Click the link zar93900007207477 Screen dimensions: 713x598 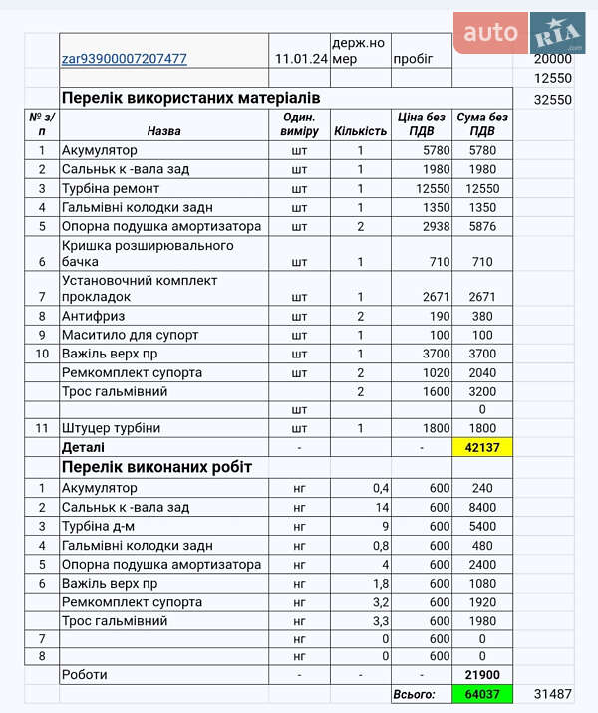125,59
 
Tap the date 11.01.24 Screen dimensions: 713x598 301,59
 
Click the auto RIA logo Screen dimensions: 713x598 519,34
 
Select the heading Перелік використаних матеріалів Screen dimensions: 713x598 190,98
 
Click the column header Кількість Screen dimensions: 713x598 360,131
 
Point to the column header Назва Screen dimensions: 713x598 163,131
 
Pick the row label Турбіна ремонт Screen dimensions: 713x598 111,188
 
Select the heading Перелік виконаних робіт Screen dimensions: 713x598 156,467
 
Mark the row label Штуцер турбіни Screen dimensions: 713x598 111,428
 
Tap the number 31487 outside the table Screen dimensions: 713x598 552,694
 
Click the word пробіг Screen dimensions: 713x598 414,59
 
